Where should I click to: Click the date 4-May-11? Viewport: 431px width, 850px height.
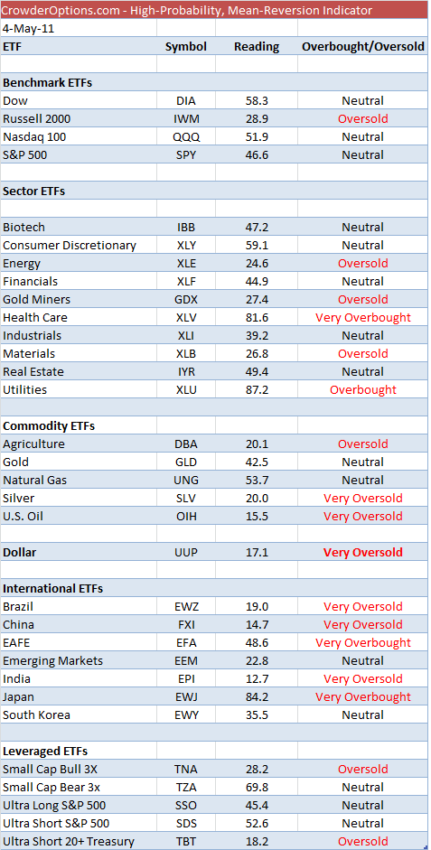(x=23, y=29)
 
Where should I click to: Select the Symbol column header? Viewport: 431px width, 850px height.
(x=186, y=47)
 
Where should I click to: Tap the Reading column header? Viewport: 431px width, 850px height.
(x=257, y=47)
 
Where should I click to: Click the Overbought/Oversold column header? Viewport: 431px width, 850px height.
(x=362, y=47)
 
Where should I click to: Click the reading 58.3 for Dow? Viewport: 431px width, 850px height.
(x=257, y=101)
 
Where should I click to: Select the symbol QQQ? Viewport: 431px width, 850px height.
(x=186, y=137)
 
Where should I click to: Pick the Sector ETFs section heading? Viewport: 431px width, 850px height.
(x=33, y=191)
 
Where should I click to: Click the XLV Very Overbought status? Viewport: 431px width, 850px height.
(x=362, y=318)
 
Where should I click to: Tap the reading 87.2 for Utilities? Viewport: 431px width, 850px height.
(x=257, y=389)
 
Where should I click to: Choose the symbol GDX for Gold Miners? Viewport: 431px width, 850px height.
(x=186, y=300)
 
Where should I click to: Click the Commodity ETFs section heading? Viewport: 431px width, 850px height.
(x=48, y=426)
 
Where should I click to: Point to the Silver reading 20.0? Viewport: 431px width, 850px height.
(x=257, y=499)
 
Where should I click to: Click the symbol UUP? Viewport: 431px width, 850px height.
(x=186, y=553)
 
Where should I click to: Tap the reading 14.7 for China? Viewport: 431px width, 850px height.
(x=257, y=624)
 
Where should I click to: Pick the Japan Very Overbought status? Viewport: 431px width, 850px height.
(x=362, y=697)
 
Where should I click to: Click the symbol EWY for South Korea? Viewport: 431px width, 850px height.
(x=186, y=715)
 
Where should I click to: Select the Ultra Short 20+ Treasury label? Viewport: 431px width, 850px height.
(x=68, y=841)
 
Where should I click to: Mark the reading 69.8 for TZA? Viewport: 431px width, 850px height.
(x=257, y=787)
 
